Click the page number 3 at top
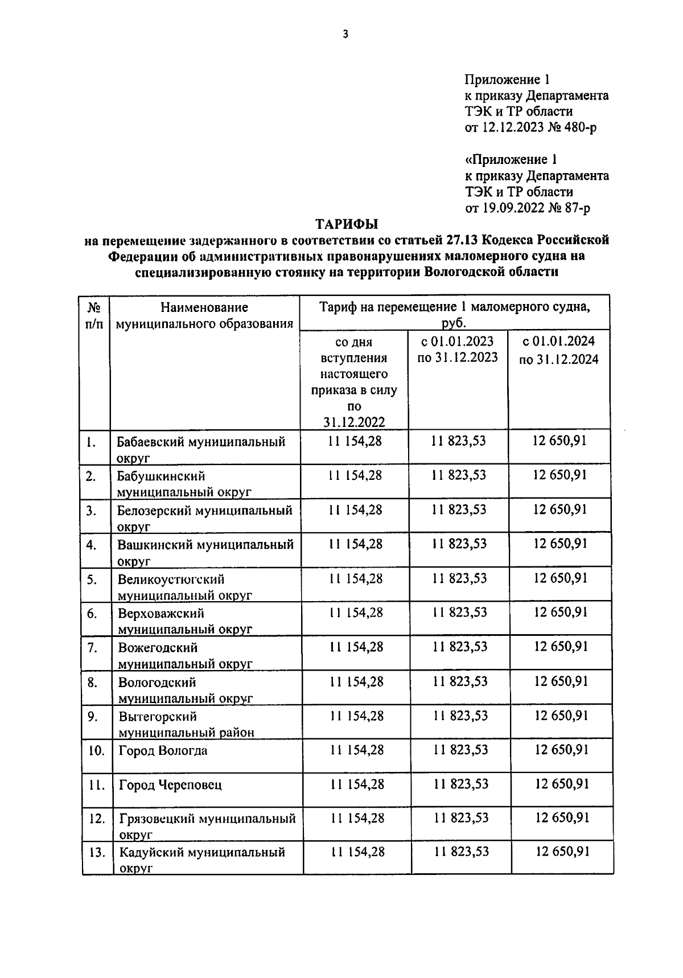click(x=345, y=35)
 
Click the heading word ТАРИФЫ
click(x=347, y=224)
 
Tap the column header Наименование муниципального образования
click(x=204, y=316)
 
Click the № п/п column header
click(x=94, y=316)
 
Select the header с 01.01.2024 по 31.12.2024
click(x=558, y=350)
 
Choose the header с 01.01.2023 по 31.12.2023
click(x=458, y=350)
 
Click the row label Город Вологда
click(x=163, y=750)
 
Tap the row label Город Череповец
click(x=170, y=785)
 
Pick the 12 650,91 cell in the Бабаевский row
click(x=559, y=441)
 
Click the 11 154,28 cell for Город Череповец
click(x=357, y=784)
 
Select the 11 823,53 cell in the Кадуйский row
click(x=462, y=852)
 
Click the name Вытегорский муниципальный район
click(x=186, y=724)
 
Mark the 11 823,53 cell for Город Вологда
click(x=460, y=750)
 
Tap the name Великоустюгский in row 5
click(x=171, y=580)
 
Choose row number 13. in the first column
click(x=97, y=853)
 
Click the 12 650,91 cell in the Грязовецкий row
click(x=562, y=818)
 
